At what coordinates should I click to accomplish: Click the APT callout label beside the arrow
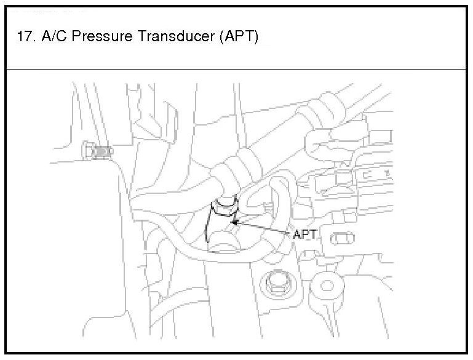pos(306,234)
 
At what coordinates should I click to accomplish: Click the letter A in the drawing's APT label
pos(298,234)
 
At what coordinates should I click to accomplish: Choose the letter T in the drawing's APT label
pos(314,234)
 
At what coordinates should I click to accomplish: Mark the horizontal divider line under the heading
pos(236,69)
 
